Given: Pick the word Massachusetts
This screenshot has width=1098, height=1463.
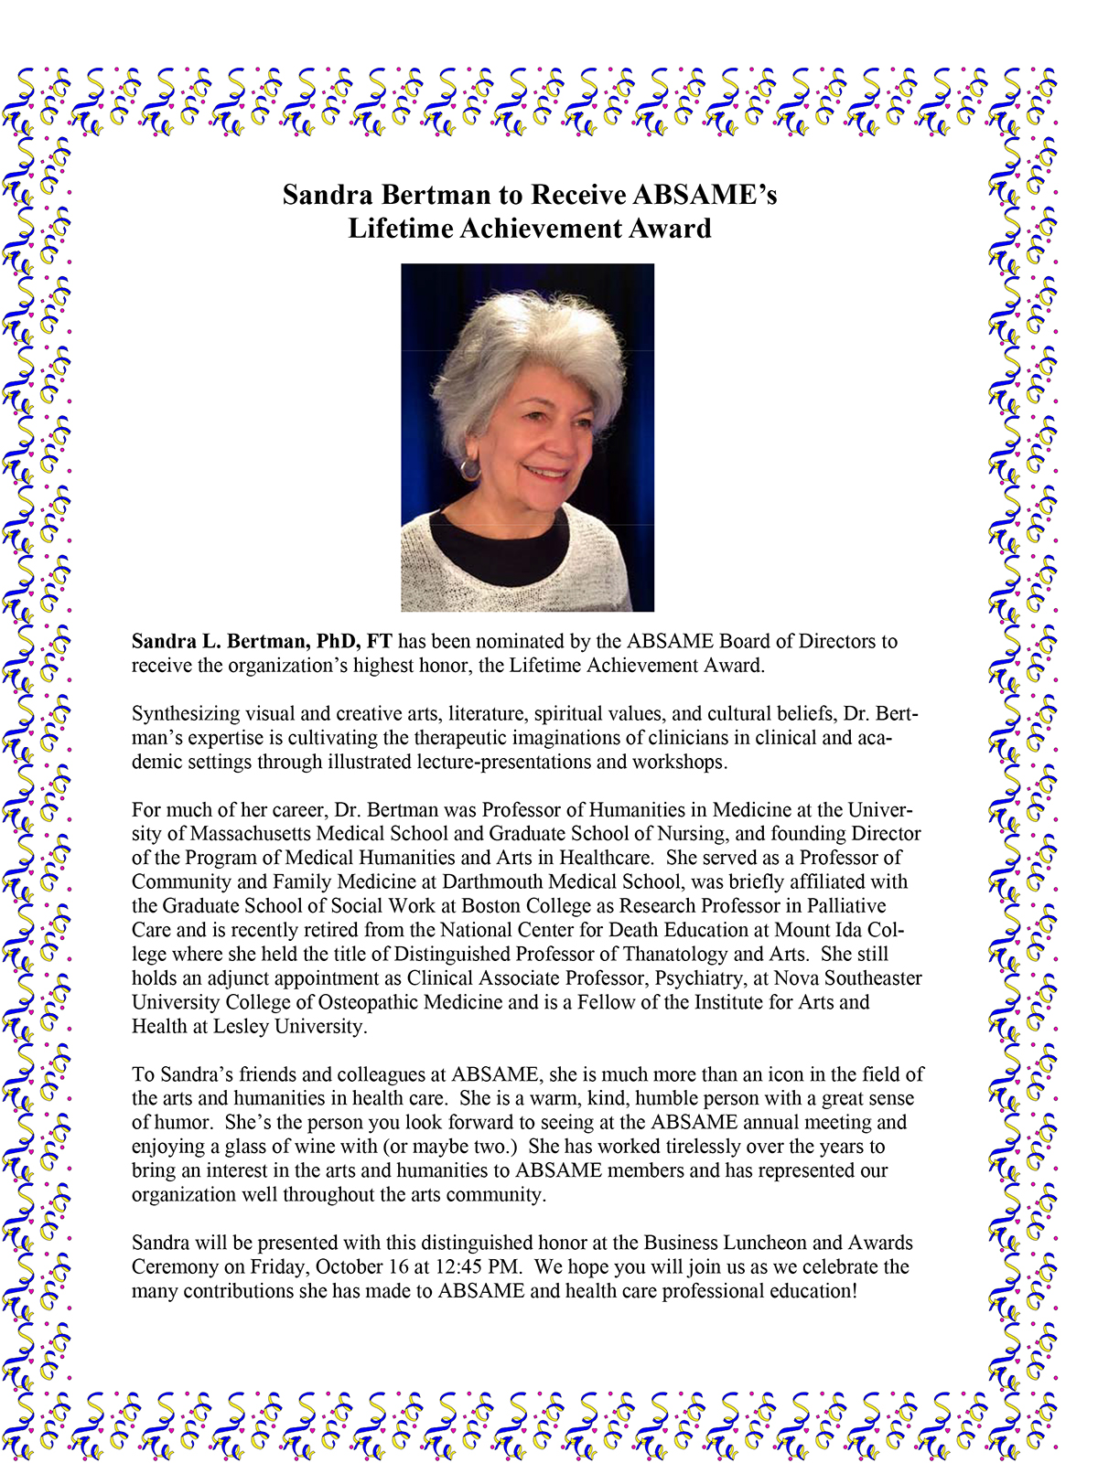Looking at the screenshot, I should tap(257, 834).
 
